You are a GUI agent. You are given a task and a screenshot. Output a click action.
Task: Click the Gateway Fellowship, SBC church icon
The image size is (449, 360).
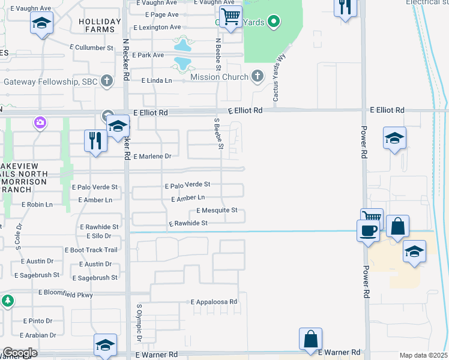107,81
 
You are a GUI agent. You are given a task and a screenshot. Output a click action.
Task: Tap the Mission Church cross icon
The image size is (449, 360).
258,77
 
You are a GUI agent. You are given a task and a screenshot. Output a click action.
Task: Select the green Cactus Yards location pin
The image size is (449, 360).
274,22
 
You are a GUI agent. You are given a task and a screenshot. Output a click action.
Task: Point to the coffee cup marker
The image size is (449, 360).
368,230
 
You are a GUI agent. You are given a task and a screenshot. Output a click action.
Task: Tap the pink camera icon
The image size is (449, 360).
40,123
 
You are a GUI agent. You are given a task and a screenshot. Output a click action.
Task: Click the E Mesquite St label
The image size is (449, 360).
217,211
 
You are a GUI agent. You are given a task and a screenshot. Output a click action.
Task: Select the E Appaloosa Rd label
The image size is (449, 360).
214,302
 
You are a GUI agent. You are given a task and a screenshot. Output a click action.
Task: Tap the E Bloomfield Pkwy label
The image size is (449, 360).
66,293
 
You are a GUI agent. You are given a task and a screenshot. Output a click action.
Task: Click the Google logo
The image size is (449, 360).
19,353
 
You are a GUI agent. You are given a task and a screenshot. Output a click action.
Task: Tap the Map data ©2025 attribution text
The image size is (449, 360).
423,355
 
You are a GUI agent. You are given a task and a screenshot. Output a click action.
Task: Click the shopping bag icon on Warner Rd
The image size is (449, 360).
311,338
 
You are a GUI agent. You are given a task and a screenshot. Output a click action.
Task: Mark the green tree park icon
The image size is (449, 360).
7,301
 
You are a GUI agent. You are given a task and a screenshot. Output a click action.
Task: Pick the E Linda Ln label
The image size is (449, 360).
156,80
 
